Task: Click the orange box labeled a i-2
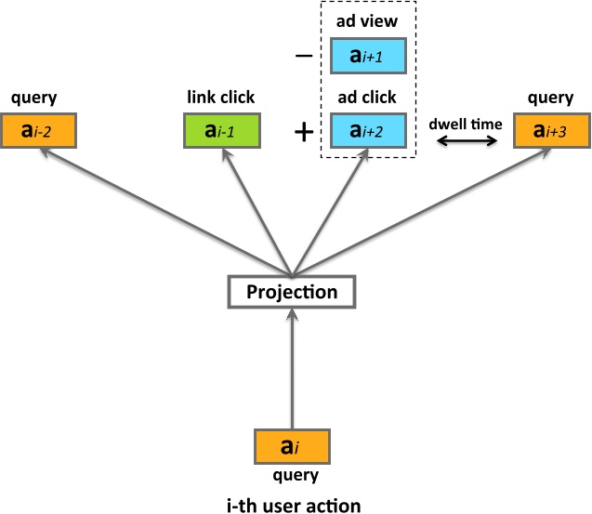pos(38,131)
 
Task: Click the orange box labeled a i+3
pos(550,131)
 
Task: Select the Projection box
pos(292,292)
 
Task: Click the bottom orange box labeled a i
pos(292,446)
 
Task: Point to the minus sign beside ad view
pos(303,57)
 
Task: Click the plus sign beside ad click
pos(303,132)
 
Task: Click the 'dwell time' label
pos(465,123)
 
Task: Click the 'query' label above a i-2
pos(29,99)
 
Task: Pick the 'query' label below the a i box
pos(292,475)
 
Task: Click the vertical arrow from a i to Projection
pos(292,367)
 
